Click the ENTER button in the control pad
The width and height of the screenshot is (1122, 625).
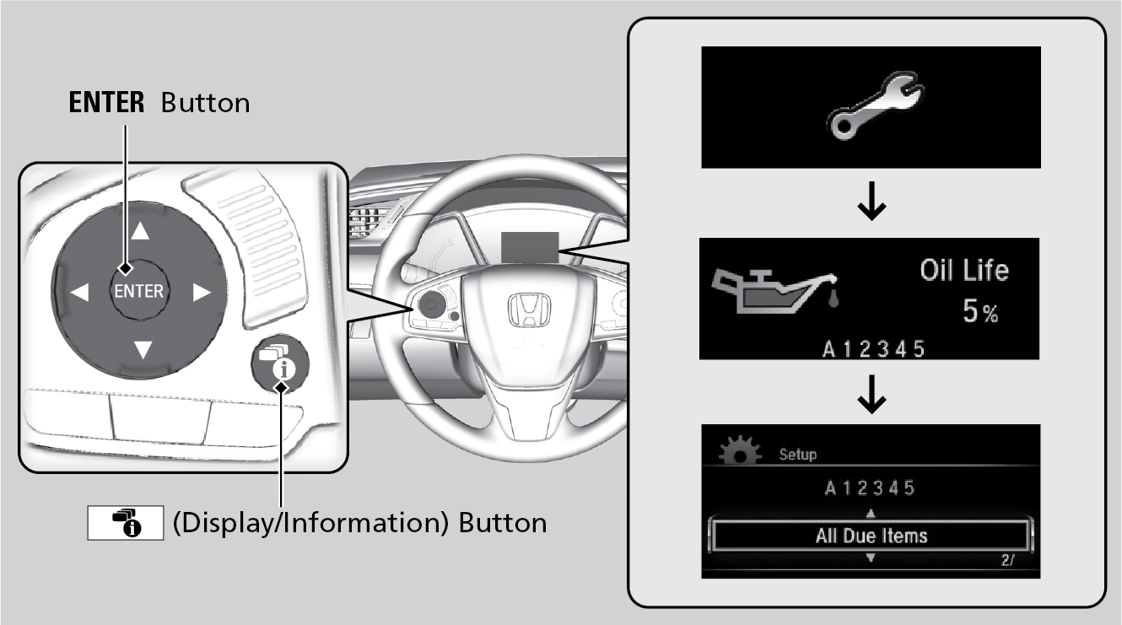pyautogui.click(x=138, y=290)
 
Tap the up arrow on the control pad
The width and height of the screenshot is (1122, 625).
pyautogui.click(x=140, y=230)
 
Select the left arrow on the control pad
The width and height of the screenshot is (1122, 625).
pyautogui.click(x=79, y=292)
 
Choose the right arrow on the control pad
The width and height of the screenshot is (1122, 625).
pyautogui.click(x=202, y=293)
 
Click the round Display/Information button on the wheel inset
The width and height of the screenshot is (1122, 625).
pyautogui.click(x=280, y=364)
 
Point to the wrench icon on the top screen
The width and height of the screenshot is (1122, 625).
pyautogui.click(x=875, y=105)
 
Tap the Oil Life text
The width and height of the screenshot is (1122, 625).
pyautogui.click(x=964, y=271)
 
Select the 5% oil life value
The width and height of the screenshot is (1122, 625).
pyautogui.click(x=980, y=310)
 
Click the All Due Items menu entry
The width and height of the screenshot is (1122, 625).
pyautogui.click(x=871, y=536)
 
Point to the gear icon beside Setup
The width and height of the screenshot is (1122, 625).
pyautogui.click(x=740, y=450)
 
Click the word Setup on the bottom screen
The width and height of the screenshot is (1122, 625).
pyautogui.click(x=798, y=455)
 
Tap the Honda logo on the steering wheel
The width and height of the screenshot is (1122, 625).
pyautogui.click(x=530, y=310)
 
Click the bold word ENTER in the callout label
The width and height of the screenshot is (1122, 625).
pyautogui.click(x=106, y=103)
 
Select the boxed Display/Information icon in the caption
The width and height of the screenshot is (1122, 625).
pyautogui.click(x=126, y=523)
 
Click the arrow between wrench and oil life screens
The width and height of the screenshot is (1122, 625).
pyautogui.click(x=871, y=201)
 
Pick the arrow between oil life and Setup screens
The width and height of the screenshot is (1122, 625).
pyautogui.click(x=871, y=394)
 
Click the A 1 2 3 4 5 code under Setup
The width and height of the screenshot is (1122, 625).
pyautogui.click(x=870, y=488)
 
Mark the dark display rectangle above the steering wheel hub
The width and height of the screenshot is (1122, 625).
pyautogui.click(x=530, y=247)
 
